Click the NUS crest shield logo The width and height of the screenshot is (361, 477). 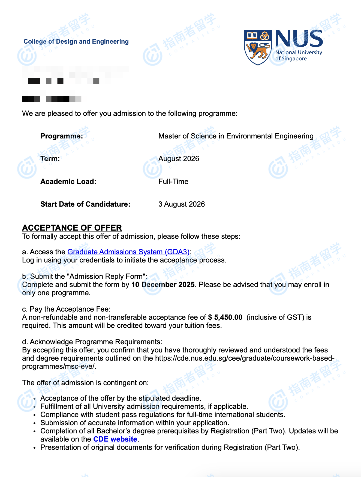pos(257,47)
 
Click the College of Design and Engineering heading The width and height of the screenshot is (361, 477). pos(76,41)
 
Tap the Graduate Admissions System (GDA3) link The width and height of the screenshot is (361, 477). pos(128,252)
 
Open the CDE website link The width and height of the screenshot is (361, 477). pos(115,439)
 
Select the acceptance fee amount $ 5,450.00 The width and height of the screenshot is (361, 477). pos(225,317)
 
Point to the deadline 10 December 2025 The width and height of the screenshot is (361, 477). pos(163,285)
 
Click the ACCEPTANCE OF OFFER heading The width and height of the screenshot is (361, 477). pos(72,228)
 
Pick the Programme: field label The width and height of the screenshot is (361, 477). pos(62,136)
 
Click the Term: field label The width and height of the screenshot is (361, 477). pos(50,159)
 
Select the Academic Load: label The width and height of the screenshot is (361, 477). pos(68,182)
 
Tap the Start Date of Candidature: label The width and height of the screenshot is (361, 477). pos(85,204)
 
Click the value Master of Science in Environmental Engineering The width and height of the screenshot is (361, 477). pos(236,136)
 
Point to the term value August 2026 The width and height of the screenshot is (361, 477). pos(179,159)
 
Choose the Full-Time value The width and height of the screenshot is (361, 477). pos(173,182)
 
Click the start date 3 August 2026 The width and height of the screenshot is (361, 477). pos(182,204)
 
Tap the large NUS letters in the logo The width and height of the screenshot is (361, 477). pos(299,39)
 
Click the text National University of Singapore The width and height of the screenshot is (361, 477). pos(299,55)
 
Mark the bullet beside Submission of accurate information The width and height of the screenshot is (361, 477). pos(35,423)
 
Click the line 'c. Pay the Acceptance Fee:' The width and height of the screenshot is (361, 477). pos(66,309)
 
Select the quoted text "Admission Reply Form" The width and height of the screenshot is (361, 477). pos(107,276)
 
